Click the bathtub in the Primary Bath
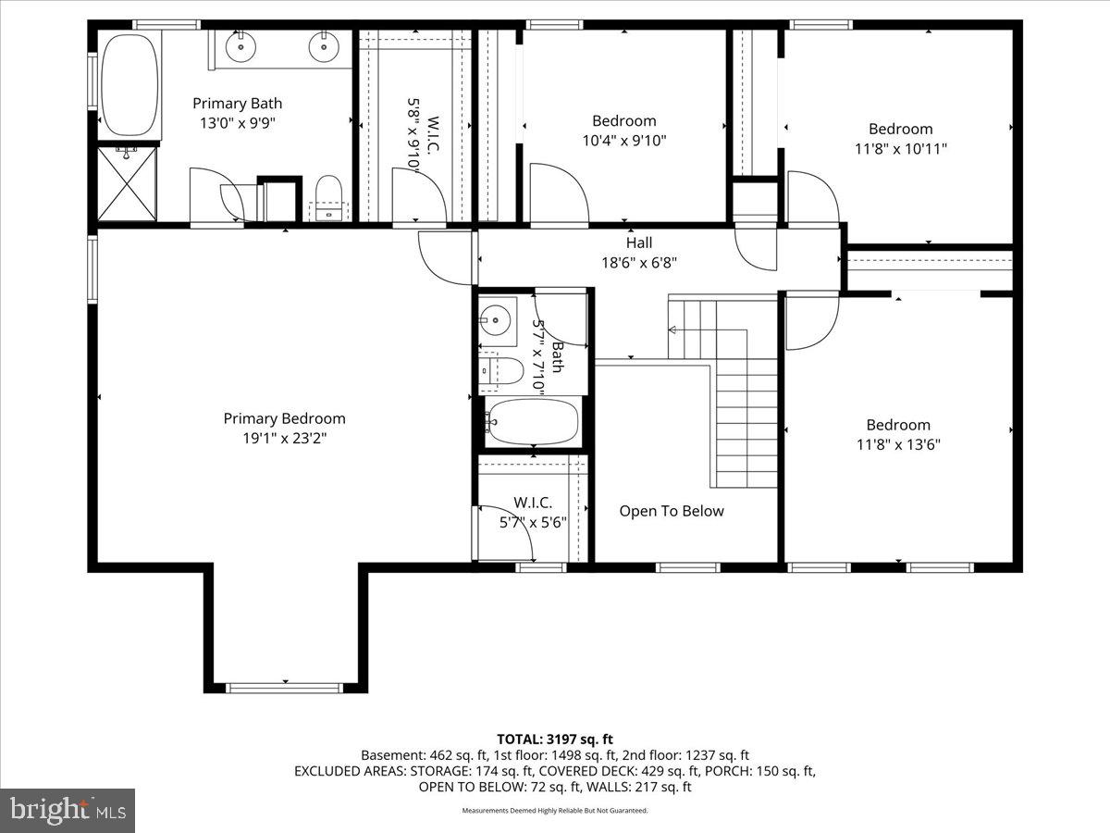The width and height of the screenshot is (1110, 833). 129,84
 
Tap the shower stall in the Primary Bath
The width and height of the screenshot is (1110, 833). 128,183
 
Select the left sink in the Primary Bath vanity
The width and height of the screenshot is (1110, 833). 241,43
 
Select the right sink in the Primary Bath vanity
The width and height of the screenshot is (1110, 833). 324,43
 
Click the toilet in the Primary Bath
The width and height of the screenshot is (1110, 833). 328,197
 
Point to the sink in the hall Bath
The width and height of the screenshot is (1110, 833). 495,319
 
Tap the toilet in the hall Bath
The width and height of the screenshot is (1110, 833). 500,370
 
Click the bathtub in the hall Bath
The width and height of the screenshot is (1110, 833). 533,422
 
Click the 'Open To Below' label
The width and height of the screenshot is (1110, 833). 672,511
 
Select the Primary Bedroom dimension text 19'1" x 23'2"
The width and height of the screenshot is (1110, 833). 284,438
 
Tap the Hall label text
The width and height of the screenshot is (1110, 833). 638,242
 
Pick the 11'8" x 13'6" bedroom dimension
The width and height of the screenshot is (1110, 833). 899,444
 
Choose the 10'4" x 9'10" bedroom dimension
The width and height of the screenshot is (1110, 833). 624,140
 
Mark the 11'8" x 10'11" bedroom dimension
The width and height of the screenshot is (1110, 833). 900,148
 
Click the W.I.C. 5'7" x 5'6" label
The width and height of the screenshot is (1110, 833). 533,513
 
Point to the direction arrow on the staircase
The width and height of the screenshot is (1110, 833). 672,329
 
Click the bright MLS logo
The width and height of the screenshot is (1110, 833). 68,811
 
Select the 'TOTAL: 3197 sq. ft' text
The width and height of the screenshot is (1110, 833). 555,739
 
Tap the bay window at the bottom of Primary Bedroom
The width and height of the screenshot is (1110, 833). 285,687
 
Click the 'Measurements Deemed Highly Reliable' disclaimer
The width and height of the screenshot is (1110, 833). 555,811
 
